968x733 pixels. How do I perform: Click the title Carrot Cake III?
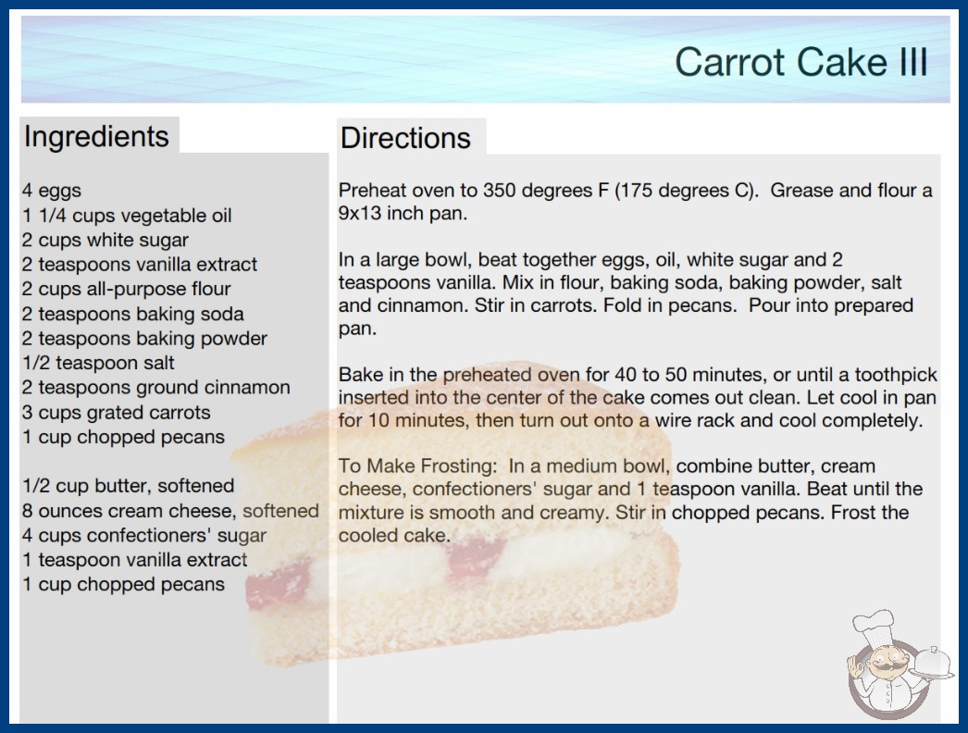click(800, 62)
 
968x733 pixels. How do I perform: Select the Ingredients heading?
click(96, 137)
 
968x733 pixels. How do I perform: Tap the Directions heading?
click(405, 138)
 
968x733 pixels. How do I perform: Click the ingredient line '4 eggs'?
click(52, 191)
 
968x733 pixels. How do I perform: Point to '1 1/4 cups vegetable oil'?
click(127, 216)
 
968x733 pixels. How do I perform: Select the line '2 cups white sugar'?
click(105, 241)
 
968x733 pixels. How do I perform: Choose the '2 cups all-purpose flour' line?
click(127, 289)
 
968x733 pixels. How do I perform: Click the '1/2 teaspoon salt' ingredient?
click(98, 363)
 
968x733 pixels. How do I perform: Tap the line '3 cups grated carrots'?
click(117, 412)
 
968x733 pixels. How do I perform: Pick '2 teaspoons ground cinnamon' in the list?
click(156, 387)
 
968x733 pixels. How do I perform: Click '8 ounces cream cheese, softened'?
click(170, 511)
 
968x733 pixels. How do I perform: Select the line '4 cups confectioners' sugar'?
click(144, 535)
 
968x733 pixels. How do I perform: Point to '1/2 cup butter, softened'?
click(129, 486)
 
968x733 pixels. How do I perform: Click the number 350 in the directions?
click(502, 191)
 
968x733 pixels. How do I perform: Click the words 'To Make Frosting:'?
click(417, 466)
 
